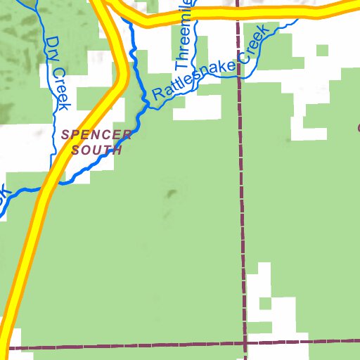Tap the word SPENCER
[96, 134]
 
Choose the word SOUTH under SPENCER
[97, 150]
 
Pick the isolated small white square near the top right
[322, 50]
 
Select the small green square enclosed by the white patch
[264, 303]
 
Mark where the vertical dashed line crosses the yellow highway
[238, 13]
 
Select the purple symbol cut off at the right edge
[358, 128]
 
